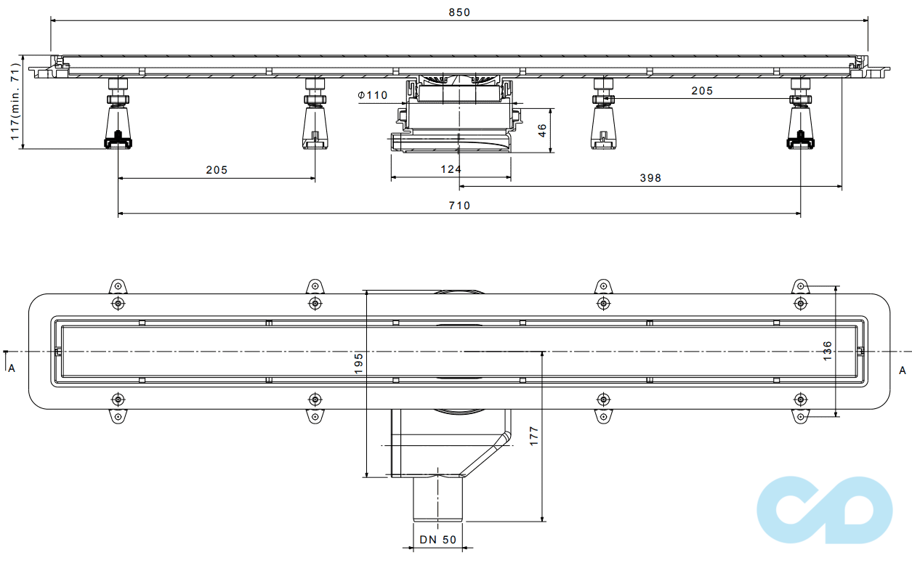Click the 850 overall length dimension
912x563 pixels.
(x=459, y=12)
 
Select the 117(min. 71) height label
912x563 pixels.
(x=14, y=103)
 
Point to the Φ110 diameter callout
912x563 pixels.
(x=373, y=95)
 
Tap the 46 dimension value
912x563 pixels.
(x=541, y=131)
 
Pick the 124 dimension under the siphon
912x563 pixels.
(x=451, y=169)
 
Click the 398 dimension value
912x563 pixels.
(x=650, y=178)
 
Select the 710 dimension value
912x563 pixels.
(x=459, y=206)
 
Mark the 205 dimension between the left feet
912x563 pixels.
(x=217, y=170)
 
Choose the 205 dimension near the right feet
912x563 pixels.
(x=702, y=91)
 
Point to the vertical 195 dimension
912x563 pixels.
(x=358, y=363)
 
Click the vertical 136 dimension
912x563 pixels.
(x=828, y=351)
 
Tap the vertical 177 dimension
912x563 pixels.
(x=534, y=436)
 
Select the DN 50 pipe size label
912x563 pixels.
(x=438, y=540)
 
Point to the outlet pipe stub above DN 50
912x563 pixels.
(x=438, y=498)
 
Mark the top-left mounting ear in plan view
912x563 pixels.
(x=118, y=285)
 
